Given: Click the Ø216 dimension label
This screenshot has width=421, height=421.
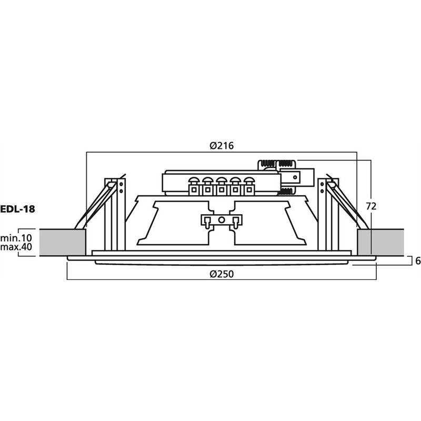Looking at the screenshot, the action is pyautogui.click(x=222, y=146).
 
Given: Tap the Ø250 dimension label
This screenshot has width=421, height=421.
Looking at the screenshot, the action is pyautogui.click(x=222, y=274).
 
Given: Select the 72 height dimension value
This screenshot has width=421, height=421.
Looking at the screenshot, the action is pyautogui.click(x=371, y=206).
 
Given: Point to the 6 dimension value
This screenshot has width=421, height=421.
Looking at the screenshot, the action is pyautogui.click(x=417, y=260).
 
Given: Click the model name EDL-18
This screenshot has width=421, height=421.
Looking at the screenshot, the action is pyautogui.click(x=17, y=209).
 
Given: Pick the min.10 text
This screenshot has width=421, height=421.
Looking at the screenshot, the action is pyautogui.click(x=16, y=238).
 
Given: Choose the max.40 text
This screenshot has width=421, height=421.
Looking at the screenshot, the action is pyautogui.click(x=16, y=246).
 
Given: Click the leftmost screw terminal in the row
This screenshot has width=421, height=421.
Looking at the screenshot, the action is pyautogui.click(x=194, y=186).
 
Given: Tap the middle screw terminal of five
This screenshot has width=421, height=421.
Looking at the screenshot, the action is pyautogui.click(x=221, y=186).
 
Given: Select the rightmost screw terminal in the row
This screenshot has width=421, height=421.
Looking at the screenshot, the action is pyautogui.click(x=249, y=186).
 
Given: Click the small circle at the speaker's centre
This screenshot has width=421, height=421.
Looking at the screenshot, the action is pyautogui.click(x=222, y=220).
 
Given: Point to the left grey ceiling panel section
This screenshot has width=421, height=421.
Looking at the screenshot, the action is pyautogui.click(x=63, y=243).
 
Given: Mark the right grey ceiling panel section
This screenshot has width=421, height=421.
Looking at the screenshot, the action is pyautogui.click(x=380, y=243).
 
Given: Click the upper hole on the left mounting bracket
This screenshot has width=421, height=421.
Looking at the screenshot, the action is pyautogui.click(x=121, y=184).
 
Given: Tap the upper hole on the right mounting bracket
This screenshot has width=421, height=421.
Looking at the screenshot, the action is pyautogui.click(x=322, y=184).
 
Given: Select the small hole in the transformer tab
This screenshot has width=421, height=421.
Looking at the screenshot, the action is pyautogui.click(x=295, y=177).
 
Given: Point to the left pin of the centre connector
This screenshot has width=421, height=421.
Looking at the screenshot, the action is pyautogui.click(x=207, y=223).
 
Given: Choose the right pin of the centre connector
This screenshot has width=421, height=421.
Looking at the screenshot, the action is pyautogui.click(x=235, y=223).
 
